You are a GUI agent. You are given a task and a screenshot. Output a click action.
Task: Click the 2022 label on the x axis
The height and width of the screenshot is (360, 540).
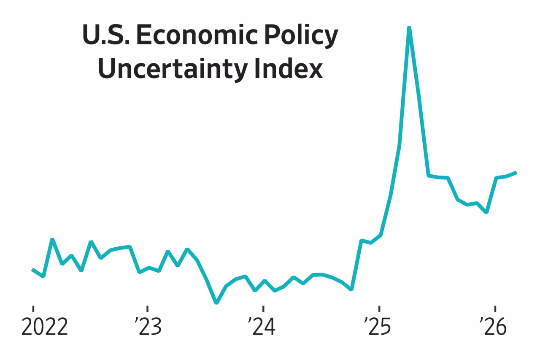click(44, 328)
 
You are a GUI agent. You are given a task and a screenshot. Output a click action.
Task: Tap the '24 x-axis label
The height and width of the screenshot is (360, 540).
click(262, 328)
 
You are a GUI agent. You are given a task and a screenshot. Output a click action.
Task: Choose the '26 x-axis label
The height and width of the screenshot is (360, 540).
click(494, 328)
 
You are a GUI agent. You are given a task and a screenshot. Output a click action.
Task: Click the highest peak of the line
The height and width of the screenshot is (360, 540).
click(409, 27)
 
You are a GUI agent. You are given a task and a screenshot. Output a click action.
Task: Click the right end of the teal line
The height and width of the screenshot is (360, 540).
click(516, 172)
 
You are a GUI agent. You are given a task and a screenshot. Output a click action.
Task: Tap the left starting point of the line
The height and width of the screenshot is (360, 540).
click(32, 269)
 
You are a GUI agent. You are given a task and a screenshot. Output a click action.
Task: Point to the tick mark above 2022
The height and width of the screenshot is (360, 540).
click(33, 309)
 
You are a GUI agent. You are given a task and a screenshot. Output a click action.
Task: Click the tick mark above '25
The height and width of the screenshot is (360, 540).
click(379, 309)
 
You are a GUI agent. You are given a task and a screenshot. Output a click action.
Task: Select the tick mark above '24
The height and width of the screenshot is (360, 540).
click(263, 309)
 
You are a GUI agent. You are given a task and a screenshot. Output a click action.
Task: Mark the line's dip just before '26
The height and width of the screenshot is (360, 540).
click(486, 212)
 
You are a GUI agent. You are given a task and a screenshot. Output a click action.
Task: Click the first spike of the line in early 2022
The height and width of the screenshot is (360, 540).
click(52, 239)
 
